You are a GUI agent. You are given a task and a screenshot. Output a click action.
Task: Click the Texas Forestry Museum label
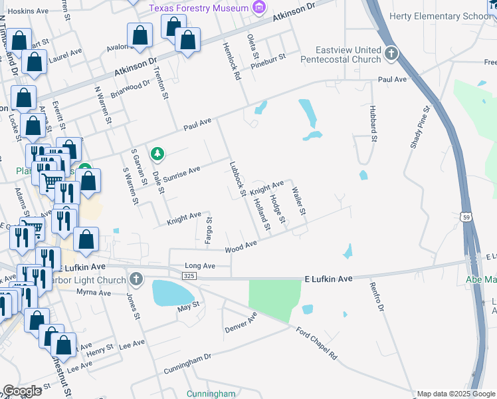198,8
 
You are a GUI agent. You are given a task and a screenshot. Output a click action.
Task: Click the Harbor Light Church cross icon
136,279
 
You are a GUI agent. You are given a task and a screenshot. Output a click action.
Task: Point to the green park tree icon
157,154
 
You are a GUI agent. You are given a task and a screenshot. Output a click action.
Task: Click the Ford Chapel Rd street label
317,343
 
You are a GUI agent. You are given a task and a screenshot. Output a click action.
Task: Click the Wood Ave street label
241,247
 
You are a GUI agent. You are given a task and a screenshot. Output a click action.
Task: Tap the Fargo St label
208,230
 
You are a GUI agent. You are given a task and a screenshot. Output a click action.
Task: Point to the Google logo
23,391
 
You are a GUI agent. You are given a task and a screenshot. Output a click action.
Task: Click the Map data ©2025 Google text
456,394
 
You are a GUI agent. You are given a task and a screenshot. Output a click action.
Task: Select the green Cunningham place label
211,394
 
